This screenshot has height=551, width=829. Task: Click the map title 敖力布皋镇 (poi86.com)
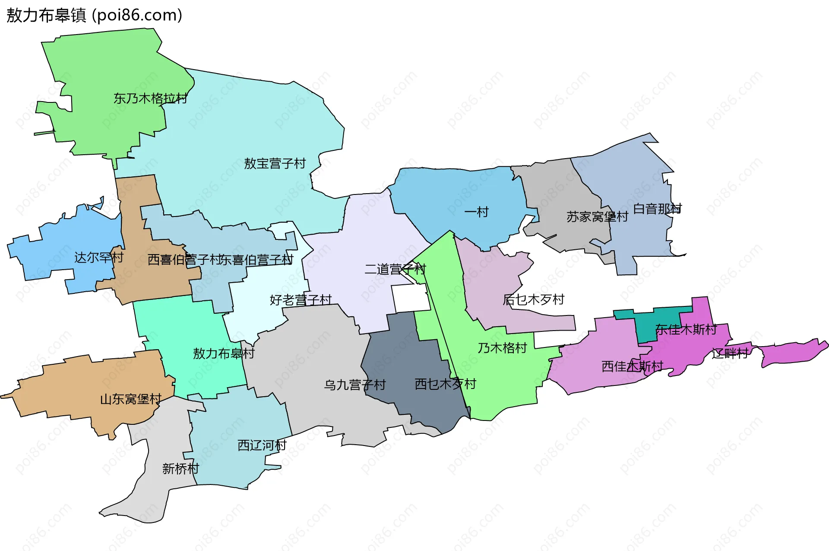coord(94,16)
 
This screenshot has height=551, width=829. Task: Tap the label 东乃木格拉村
coord(150,99)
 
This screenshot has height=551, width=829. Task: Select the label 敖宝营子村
coord(275,163)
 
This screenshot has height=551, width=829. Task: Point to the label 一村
coord(476,212)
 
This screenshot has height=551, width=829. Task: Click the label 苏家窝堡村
coord(597,217)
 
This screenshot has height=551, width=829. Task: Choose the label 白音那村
coord(657,209)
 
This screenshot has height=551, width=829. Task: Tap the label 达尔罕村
coord(99,258)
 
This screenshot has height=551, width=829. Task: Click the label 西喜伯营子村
coord(185,259)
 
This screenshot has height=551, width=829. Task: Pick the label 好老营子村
coord(301,299)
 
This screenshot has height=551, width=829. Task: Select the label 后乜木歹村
coord(533,299)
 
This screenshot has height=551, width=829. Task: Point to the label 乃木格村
coord(502,348)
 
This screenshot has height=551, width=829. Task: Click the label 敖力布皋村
coord(224,354)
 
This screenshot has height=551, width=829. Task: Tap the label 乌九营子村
coord(355,385)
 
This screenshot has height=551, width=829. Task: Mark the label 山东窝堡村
coord(131,399)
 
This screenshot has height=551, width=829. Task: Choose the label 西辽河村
coord(262,445)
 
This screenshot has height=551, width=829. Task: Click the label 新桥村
coord(180,468)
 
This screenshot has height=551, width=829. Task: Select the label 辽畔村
coord(730,354)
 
